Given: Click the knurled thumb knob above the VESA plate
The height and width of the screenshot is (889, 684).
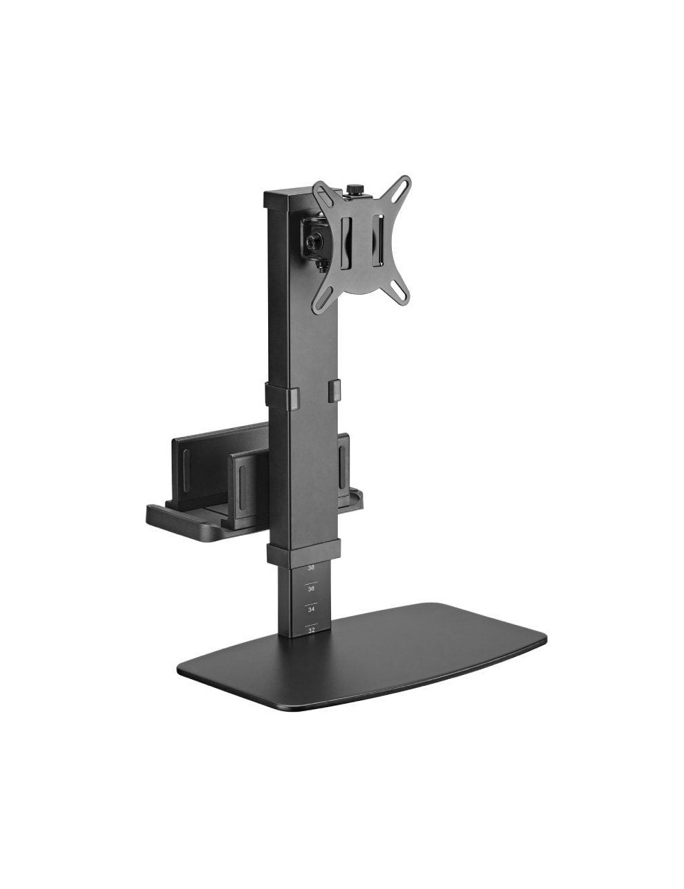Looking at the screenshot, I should click(x=354, y=189).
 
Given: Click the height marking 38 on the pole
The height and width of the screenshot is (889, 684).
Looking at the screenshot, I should click(x=311, y=568).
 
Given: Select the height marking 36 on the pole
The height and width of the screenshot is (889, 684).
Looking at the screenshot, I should click(x=311, y=588).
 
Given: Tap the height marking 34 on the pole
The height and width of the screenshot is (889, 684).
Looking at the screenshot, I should click(x=311, y=609).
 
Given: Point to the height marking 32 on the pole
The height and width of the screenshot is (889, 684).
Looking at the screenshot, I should click(x=311, y=630).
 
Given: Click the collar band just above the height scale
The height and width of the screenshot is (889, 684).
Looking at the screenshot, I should click(x=302, y=552).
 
